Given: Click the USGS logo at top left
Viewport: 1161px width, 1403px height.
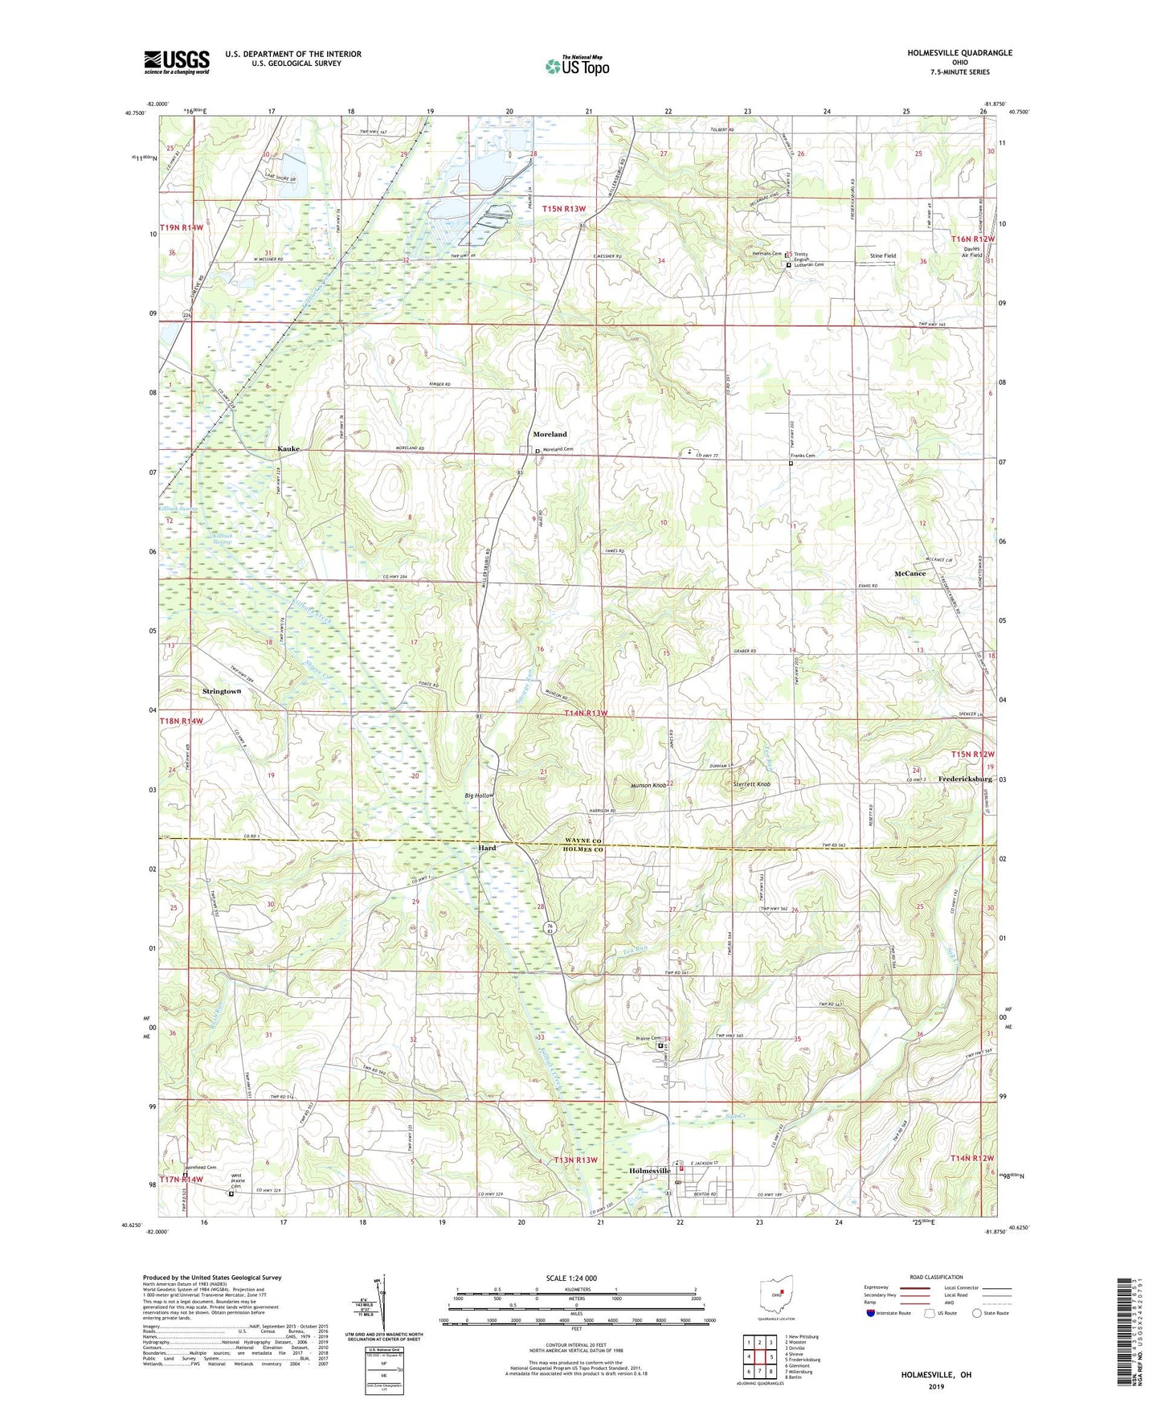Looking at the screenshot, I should [177, 62].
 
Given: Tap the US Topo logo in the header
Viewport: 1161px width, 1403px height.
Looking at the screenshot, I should [577, 66].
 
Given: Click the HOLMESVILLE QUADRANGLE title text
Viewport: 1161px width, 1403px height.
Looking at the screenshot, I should [959, 53].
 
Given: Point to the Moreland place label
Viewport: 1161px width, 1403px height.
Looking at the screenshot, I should [550, 435].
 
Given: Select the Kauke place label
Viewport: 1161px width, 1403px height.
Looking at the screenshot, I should [288, 448].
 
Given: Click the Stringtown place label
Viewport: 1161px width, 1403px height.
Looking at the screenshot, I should [222, 691].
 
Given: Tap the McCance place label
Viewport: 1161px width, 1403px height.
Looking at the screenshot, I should [910, 574].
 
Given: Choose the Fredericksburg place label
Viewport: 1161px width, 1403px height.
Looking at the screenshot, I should [965, 779].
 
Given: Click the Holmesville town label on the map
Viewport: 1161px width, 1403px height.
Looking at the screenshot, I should [648, 1171].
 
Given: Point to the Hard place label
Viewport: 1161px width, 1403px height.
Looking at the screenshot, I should [487, 848].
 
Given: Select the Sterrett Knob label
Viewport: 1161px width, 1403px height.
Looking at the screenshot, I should [752, 784].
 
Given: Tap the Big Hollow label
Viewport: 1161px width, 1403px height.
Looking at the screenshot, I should [479, 796].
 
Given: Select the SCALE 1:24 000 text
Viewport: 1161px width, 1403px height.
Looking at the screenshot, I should [570, 1278].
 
